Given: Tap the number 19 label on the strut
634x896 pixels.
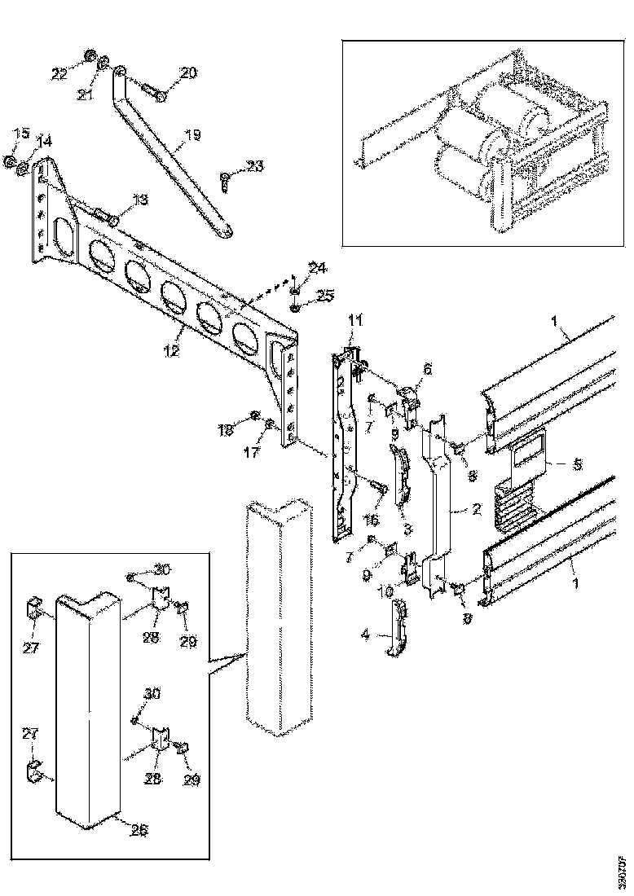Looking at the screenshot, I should click(192, 134).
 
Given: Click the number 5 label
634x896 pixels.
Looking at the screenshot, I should click(578, 465).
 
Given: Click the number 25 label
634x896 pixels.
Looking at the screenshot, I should click(302, 293).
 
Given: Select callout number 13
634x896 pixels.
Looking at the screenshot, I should click(140, 200).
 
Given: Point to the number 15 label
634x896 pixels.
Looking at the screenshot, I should click(20, 133).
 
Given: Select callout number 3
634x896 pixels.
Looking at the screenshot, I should click(406, 528).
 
